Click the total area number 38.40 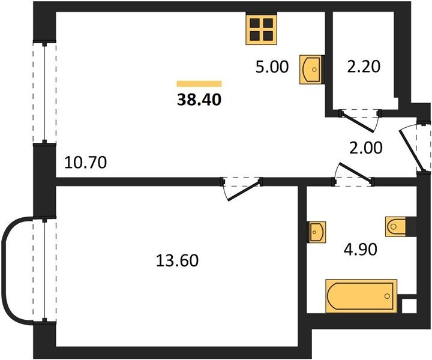pos(199,100)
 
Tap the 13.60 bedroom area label pos(177,260)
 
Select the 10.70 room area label pos(85,162)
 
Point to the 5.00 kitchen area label pos(272,67)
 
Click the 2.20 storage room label pos(364,67)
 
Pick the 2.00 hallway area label pos(366,148)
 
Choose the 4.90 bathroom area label pos(361,250)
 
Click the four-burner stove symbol pos(261,30)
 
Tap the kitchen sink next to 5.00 pos(311,70)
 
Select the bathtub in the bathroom pos(361,296)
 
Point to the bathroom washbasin pos(317,232)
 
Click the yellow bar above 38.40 pos(199,84)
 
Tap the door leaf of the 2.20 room pos(356,121)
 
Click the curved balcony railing pos(4,270)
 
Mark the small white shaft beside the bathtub pos(409,305)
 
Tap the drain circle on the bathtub pos(388,296)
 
